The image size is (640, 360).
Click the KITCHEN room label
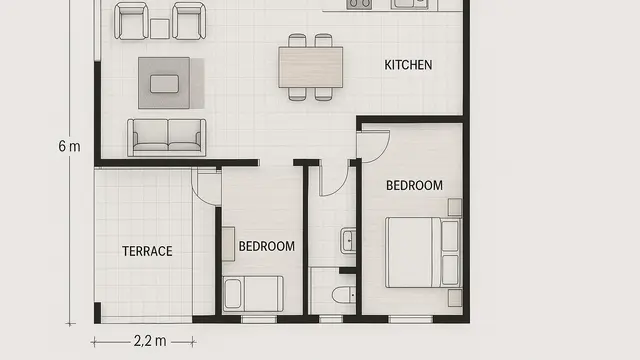pyautogui.click(x=408, y=65)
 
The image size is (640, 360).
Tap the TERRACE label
pyautogui.click(x=147, y=251)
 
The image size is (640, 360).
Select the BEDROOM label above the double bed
pyautogui.click(x=414, y=185)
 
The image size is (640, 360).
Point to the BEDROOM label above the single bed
pyautogui.click(x=267, y=246)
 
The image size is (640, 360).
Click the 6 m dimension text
pyautogui.click(x=69, y=146)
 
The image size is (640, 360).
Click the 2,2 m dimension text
pyautogui.click(x=149, y=341)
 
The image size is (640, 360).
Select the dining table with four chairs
pyautogui.click(x=310, y=67)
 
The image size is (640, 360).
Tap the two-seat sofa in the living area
pyautogui.click(x=166, y=136)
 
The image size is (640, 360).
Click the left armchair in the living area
pyautogui.click(x=131, y=20)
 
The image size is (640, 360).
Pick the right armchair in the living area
pyautogui.click(x=188, y=20)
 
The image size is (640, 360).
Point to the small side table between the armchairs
pyautogui.click(x=160, y=28)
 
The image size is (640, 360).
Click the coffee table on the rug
pyautogui.click(x=164, y=82)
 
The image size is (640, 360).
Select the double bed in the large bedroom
pyautogui.click(x=422, y=251)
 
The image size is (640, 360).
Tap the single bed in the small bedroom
pyautogui.click(x=253, y=294)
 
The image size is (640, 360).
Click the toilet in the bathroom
pyautogui.click(x=344, y=294)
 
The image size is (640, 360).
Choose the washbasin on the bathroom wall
pyautogui.click(x=348, y=240)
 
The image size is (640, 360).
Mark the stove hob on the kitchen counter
pyautogui.click(x=358, y=4)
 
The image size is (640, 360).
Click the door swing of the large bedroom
pyautogui.click(x=372, y=145)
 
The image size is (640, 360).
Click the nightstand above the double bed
pyautogui.click(x=454, y=207)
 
